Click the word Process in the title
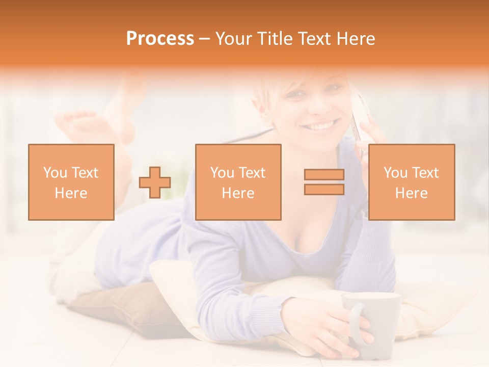160,39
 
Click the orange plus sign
155,182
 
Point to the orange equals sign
324,182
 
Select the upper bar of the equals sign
324,175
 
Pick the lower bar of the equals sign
324,190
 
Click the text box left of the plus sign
71,182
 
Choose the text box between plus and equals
238,182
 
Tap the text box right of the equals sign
411,182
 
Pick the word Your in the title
232,39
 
